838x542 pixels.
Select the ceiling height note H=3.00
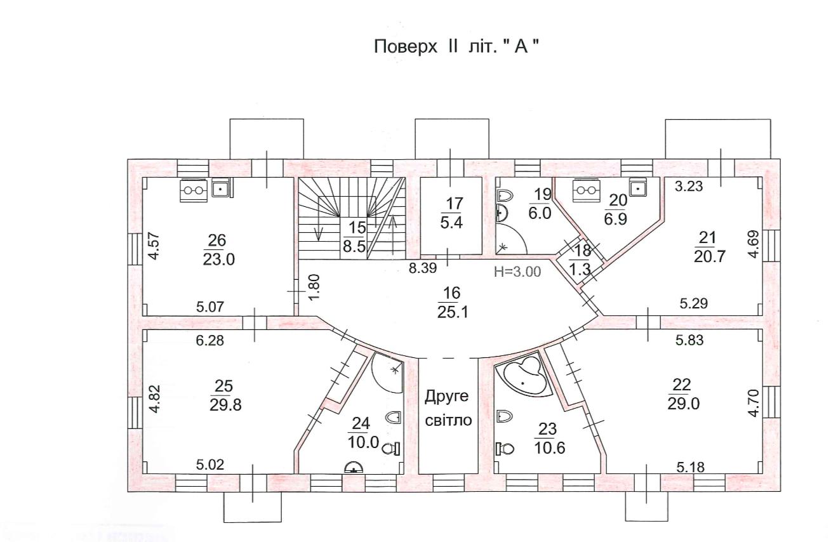pyautogui.click(x=517, y=272)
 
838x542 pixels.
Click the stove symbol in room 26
pyautogui.click(x=195, y=188)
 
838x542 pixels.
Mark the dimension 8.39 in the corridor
pyautogui.click(x=422, y=268)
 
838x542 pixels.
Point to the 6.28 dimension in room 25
pyautogui.click(x=210, y=341)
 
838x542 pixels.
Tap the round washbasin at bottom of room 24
pyautogui.click(x=353, y=468)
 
